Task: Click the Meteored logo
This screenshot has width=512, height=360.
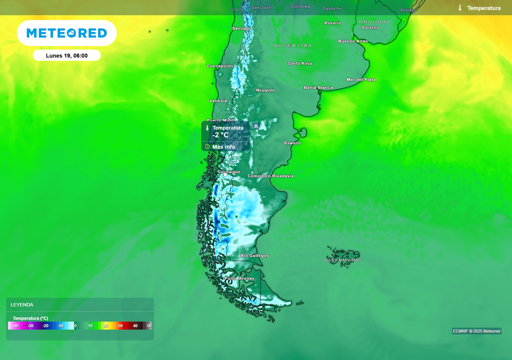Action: (66, 33)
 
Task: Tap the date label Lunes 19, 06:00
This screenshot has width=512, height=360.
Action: (66, 55)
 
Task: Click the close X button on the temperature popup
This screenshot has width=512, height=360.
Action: (256, 126)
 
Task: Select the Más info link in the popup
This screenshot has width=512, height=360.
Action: (223, 147)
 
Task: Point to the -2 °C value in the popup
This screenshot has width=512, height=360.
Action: (220, 135)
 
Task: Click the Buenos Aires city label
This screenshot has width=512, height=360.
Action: (353, 41)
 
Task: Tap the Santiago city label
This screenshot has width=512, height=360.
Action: (242, 28)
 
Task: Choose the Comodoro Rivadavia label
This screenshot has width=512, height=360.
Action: (270, 176)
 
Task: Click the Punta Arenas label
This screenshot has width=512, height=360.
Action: (239, 278)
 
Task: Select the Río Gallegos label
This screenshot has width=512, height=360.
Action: (254, 256)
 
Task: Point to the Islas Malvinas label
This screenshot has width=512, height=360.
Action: (342, 260)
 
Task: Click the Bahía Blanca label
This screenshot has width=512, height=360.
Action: (318, 87)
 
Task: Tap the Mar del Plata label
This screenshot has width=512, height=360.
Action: (361, 79)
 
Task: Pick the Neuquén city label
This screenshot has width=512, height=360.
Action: (265, 90)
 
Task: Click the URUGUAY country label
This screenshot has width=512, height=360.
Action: (374, 22)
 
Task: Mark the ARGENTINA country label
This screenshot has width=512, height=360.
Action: (293, 45)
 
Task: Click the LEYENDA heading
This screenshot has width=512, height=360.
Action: (22, 304)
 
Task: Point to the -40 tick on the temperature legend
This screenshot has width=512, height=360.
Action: (16, 326)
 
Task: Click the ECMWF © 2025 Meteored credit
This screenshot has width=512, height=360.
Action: (476, 331)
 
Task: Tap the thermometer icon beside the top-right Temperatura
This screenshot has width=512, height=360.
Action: (460, 8)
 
